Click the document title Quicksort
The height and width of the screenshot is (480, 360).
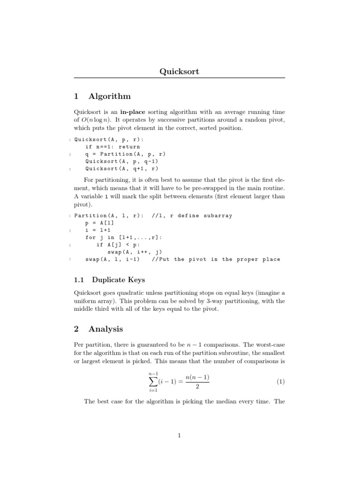click(x=180, y=71)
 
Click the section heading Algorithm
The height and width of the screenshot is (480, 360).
click(x=110, y=96)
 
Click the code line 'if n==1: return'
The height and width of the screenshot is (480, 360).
click(x=112, y=147)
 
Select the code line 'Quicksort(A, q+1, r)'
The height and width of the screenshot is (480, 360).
click(x=122, y=168)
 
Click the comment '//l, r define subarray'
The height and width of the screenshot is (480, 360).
click(x=192, y=216)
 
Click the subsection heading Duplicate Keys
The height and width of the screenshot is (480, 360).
click(x=118, y=280)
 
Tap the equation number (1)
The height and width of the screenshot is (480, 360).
click(x=280, y=382)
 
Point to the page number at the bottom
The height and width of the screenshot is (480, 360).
click(x=180, y=435)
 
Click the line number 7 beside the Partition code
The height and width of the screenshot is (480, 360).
click(x=69, y=259)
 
